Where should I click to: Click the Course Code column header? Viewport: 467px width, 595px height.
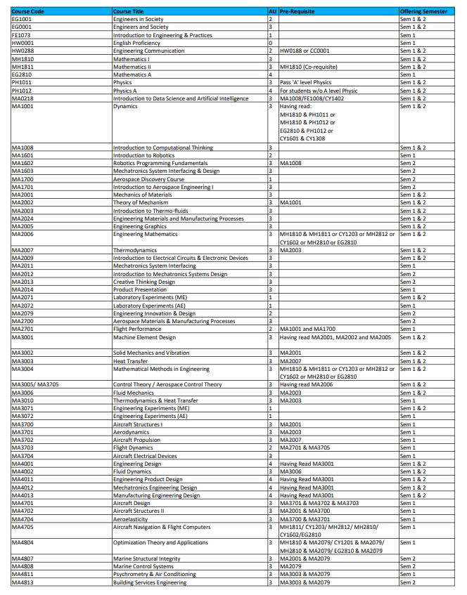click(28, 12)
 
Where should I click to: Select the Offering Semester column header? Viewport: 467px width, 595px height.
click(423, 12)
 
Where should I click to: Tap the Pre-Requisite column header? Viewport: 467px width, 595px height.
click(297, 12)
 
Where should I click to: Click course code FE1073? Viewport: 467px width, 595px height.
click(22, 35)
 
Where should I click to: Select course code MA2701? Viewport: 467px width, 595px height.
click(23, 329)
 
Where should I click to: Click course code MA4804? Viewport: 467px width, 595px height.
click(23, 543)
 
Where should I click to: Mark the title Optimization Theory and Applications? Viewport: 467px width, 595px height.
click(160, 543)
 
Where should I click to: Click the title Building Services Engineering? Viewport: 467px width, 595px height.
click(150, 582)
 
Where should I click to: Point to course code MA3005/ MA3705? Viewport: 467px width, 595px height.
click(40, 384)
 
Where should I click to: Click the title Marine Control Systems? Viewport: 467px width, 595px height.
click(143, 566)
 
